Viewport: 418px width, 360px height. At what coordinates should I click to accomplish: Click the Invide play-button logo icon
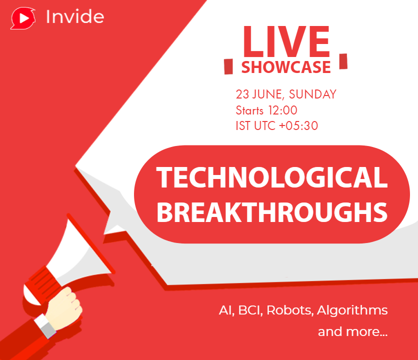tap(23, 18)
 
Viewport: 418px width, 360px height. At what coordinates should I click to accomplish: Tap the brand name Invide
tap(75, 17)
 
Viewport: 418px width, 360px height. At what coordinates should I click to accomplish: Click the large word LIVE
tap(286, 41)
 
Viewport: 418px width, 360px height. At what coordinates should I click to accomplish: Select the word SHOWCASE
tap(286, 67)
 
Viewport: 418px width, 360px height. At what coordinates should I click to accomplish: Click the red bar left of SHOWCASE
tap(228, 66)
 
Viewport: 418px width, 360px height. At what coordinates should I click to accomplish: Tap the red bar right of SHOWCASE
tap(343, 61)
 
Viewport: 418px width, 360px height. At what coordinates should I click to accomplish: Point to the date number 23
tap(242, 94)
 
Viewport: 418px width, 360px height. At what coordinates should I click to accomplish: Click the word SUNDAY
tap(312, 94)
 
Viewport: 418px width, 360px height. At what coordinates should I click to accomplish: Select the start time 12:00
tap(282, 110)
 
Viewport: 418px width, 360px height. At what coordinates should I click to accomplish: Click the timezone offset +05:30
tap(298, 126)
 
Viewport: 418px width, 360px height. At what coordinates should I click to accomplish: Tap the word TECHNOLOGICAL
tap(272, 177)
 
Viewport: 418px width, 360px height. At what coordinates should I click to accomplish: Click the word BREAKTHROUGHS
tap(272, 212)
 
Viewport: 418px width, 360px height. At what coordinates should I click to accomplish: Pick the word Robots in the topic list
tap(288, 310)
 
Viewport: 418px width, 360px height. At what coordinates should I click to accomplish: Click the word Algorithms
tap(352, 310)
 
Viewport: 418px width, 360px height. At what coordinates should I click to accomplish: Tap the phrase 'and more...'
tap(352, 331)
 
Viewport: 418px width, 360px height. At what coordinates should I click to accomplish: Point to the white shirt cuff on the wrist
tap(45, 326)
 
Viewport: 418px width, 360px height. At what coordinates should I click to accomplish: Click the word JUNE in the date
tap(267, 94)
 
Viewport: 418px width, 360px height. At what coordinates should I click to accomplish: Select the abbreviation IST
tap(243, 126)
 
